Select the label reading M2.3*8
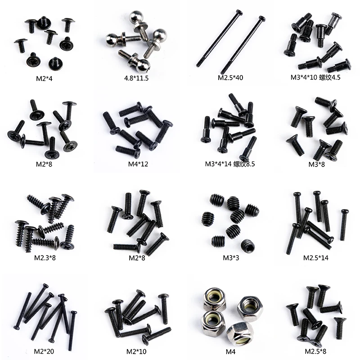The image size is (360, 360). pyautogui.click(x=45, y=258)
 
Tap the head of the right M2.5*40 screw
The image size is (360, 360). pyautogui.click(x=262, y=19)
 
